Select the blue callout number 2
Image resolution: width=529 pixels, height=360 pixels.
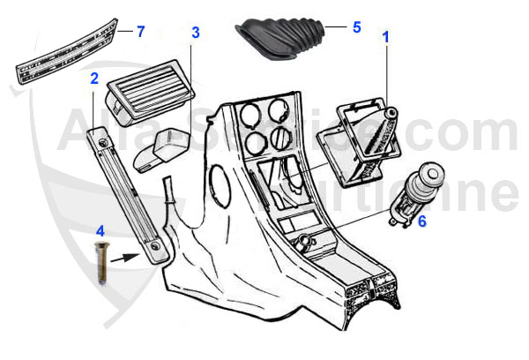(93, 79)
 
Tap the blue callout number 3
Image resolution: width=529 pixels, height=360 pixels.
(195, 33)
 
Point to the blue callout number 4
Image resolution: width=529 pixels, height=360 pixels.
(100, 231)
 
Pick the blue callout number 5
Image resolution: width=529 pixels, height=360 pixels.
(356, 27)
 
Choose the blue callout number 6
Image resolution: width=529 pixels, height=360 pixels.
(421, 221)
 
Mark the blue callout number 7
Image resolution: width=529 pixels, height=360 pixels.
(139, 32)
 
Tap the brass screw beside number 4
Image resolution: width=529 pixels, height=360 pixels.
(100, 262)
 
